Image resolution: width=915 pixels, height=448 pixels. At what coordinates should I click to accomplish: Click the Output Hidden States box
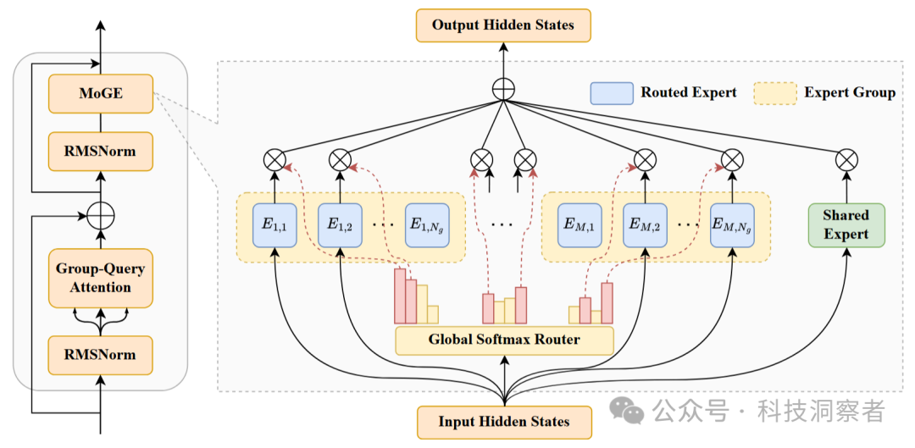click(x=503, y=25)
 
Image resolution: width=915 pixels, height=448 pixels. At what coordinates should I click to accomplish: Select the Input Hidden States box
click(x=503, y=422)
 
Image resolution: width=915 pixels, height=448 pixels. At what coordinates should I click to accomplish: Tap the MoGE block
click(x=101, y=93)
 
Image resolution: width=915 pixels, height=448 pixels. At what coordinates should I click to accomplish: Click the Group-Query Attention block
click(x=101, y=279)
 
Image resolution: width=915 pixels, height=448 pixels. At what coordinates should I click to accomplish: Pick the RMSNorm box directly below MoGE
click(x=101, y=151)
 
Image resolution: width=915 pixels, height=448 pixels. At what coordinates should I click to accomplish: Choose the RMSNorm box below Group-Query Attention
click(x=101, y=355)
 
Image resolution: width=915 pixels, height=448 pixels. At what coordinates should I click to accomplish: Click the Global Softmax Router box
click(x=505, y=340)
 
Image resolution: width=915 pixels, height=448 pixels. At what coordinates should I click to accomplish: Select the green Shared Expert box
click(x=846, y=224)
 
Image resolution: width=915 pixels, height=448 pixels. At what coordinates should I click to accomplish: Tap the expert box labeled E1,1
click(x=274, y=224)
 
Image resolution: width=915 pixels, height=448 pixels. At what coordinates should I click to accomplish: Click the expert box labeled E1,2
click(x=341, y=224)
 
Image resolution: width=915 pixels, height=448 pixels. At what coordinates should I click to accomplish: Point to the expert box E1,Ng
click(x=427, y=224)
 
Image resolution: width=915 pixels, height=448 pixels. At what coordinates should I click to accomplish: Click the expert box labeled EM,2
click(x=646, y=224)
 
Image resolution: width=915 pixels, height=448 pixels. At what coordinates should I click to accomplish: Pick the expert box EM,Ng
click(x=732, y=224)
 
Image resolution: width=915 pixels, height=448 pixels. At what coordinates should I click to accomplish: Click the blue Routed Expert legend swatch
click(x=612, y=93)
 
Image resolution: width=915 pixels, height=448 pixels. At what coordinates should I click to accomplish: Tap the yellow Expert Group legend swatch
click(x=775, y=93)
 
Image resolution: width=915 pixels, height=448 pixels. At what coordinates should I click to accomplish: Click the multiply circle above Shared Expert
click(x=846, y=158)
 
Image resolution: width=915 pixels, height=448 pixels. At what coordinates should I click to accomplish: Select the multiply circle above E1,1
click(x=274, y=158)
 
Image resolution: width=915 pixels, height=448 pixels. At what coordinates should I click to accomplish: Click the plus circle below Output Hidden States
click(x=503, y=90)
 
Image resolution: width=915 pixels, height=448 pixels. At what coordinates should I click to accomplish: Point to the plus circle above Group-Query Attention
click(x=101, y=215)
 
